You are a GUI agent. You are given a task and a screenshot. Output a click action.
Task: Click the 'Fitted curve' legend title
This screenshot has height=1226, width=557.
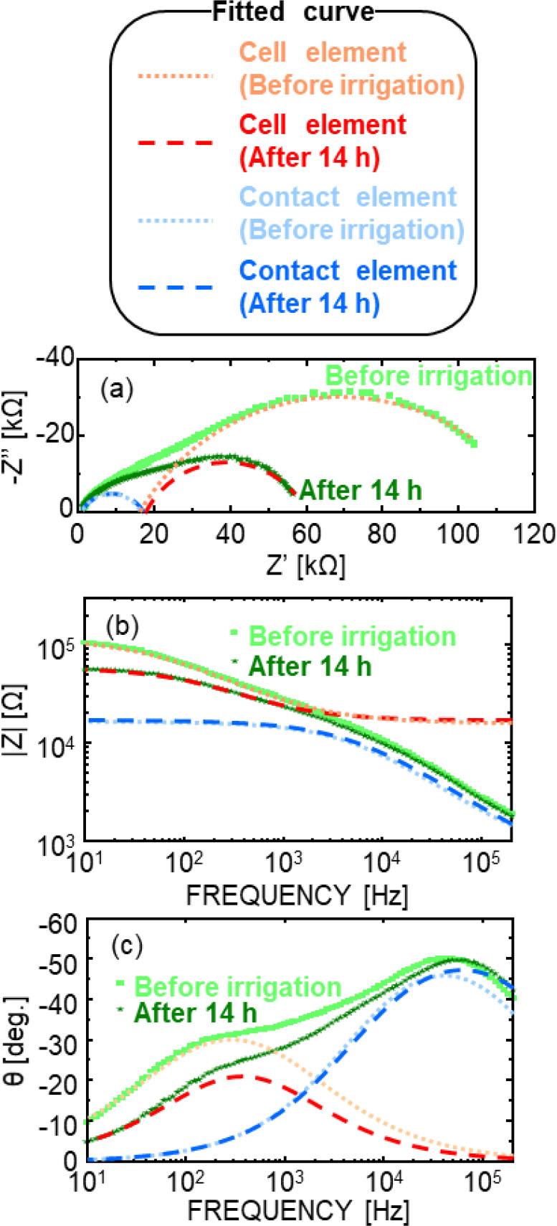294,12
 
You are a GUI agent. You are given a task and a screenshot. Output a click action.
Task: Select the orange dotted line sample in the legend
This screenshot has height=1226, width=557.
175,70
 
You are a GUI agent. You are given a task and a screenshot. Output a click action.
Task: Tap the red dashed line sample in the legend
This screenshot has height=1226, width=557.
175,143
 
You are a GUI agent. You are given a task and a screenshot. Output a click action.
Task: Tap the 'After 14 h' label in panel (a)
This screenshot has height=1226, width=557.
361,490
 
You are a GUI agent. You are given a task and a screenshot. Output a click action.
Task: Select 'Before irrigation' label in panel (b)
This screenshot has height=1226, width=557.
351,636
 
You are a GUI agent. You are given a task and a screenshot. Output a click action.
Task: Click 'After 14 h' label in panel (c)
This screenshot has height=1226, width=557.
195,1014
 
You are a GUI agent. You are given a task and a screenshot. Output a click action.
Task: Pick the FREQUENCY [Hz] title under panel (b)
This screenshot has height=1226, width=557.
297,895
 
